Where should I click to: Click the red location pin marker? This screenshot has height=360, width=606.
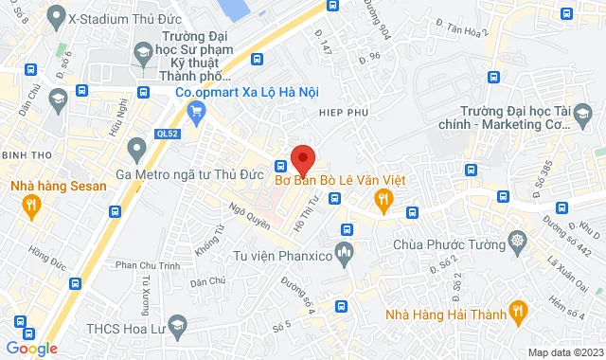coord(302,156)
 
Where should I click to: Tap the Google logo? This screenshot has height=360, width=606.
coord(30,349)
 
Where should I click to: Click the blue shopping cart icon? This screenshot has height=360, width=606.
coord(196,114)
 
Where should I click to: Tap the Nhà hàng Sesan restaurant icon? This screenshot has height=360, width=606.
coord(31,204)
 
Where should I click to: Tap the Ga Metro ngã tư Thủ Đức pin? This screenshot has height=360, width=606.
coord(136,147)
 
